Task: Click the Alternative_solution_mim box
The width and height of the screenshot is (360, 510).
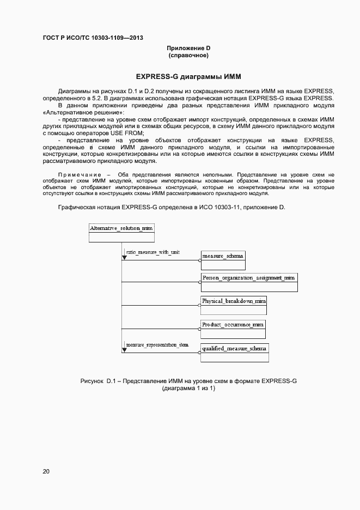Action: pyautogui.click(x=121, y=233)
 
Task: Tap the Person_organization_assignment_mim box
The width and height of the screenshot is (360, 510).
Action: pyautogui.click(x=249, y=282)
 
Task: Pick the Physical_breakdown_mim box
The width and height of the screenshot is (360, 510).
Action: pyautogui.click(x=234, y=305)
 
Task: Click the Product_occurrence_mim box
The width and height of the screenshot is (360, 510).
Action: pyautogui.click(x=233, y=329)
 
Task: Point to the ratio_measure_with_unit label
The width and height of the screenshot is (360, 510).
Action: pyautogui.click(x=152, y=253)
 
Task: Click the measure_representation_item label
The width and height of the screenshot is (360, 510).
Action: pyautogui.click(x=157, y=345)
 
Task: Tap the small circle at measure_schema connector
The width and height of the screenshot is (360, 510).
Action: pyautogui.click(x=200, y=260)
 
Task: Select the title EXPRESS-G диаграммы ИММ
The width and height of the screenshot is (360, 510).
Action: pyautogui.click(x=188, y=76)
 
